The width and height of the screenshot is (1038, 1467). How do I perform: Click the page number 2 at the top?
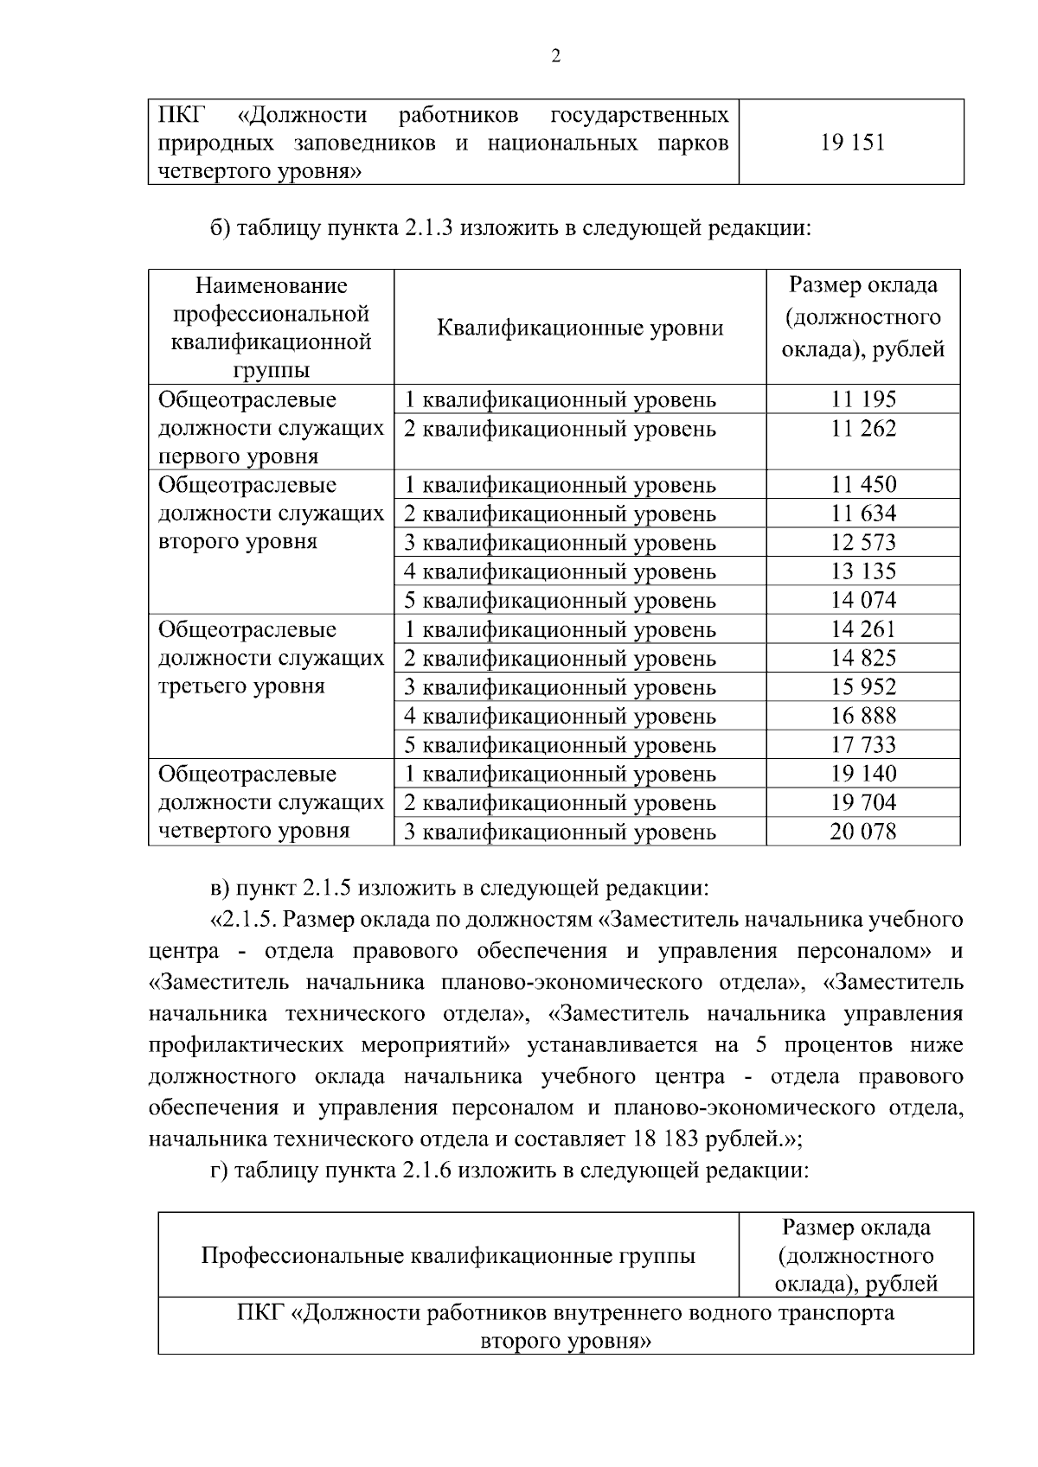(x=555, y=57)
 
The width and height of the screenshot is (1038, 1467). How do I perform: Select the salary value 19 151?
(x=852, y=143)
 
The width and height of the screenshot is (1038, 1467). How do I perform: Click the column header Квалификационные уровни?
(x=580, y=328)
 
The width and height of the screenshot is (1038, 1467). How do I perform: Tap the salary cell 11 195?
(x=863, y=399)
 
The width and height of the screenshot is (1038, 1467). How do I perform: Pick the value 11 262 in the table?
(x=863, y=429)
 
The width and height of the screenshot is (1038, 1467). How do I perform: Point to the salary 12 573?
(x=863, y=543)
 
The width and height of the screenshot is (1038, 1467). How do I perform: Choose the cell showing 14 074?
(x=863, y=601)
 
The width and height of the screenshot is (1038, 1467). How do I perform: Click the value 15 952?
(x=863, y=687)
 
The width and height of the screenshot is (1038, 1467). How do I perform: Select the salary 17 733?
(x=863, y=745)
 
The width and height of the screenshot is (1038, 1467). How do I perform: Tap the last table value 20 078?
(x=863, y=832)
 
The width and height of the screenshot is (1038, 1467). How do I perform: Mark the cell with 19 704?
(x=863, y=803)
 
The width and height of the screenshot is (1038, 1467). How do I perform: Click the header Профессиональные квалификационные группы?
(x=448, y=1256)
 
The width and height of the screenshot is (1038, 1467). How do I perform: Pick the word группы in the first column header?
(x=271, y=371)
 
